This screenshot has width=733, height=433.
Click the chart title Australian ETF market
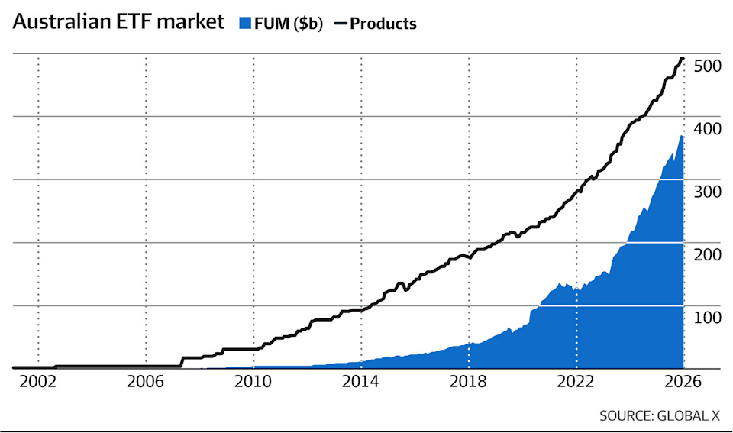coord(118,22)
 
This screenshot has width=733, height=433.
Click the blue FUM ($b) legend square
coord(245,23)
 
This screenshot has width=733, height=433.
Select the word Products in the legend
coord(383,24)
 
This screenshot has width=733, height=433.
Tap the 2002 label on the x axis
coord(38,382)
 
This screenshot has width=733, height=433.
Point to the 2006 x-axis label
coord(145,382)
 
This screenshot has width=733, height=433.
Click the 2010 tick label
coord(253,382)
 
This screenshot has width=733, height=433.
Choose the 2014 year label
coord(360,382)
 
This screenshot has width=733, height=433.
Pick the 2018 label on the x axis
coord(468,382)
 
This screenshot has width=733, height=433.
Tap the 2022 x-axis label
coord(576,382)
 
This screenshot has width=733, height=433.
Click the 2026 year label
coord(683,382)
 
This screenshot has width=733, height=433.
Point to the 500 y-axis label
coord(707,66)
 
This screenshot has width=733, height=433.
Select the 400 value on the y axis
coord(707,128)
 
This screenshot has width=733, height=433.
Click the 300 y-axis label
coord(707,192)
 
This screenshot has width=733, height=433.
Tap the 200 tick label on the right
coord(707,255)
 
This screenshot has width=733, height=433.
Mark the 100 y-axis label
coord(707,318)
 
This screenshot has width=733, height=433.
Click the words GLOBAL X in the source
coord(689,415)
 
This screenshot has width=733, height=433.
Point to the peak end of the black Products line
coord(683,59)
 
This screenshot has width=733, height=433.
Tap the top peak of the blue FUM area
coord(682,136)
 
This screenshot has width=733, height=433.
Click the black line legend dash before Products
coord(341,24)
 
